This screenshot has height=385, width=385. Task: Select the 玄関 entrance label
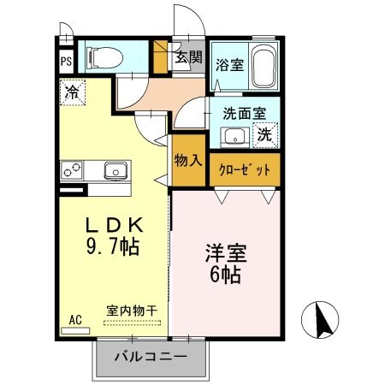point(188,58)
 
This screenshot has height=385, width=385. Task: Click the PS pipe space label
point(66,62)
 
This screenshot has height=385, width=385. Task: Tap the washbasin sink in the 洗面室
point(233,135)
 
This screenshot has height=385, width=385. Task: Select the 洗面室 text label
point(245,113)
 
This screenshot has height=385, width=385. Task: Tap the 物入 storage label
point(187,161)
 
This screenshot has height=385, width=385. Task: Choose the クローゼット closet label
point(245,169)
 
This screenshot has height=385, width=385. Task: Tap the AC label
point(75,319)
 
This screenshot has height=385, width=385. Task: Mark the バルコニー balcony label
point(149,355)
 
